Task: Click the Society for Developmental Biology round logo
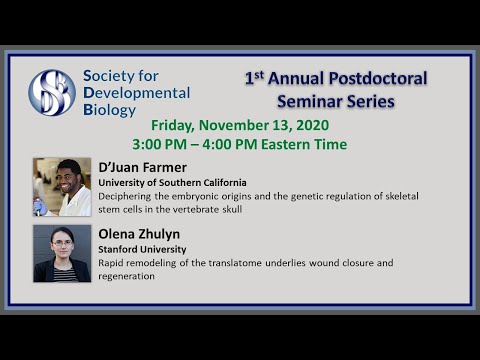pos(52,92)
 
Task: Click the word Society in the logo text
pos(113,75)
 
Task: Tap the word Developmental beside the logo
pos(135,92)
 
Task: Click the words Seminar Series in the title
pos(334,101)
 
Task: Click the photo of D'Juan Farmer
pos(62,187)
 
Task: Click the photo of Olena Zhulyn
pos(62,253)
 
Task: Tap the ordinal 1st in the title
pos(255,76)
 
